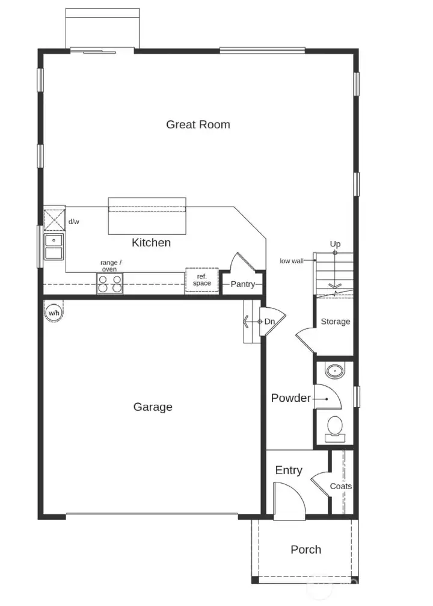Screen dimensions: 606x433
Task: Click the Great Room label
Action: point(198,125)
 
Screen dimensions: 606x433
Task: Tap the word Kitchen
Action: point(151,243)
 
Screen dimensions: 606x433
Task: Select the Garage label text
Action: point(153,407)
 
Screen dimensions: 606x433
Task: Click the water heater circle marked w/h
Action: point(54,313)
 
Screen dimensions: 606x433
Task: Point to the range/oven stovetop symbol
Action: point(110,283)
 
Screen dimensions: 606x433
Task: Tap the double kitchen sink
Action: point(54,247)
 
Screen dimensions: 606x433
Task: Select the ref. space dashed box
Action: point(201,280)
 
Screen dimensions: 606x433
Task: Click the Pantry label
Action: point(243,284)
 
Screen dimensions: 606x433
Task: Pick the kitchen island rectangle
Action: point(147,216)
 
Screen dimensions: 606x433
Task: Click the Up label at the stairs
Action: point(335,244)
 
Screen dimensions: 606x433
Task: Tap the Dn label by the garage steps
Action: point(269,322)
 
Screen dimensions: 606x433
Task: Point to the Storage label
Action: point(335,322)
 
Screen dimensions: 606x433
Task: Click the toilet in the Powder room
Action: point(334,427)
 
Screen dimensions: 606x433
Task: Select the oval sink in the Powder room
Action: point(334,370)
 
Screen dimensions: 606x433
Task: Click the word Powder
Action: point(291,398)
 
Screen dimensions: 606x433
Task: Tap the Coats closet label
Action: point(341,486)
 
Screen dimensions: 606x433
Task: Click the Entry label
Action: point(289,470)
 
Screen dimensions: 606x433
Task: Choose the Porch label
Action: point(306,549)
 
